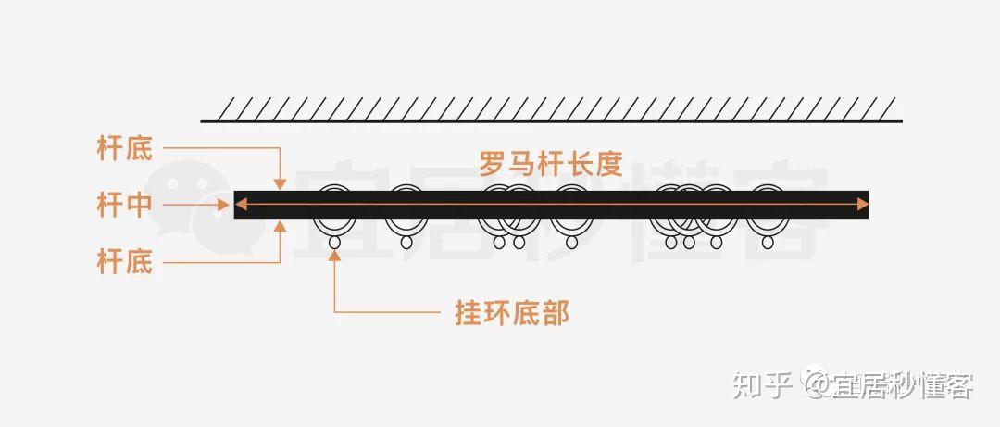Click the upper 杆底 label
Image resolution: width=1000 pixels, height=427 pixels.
coord(125,149)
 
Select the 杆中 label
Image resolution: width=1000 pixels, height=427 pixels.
coord(125,205)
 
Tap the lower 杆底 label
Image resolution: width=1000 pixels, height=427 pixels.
coord(125,262)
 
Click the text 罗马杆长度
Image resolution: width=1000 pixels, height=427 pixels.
coord(550,164)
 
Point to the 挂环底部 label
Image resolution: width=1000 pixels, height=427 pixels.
coord(512,313)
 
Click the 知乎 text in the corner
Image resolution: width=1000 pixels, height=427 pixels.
coord(763,385)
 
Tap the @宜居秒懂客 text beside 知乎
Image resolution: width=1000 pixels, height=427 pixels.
coord(889,385)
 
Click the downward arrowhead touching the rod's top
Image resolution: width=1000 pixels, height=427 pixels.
coord(281,184)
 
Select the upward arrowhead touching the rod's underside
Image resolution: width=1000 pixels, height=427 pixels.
coord(281,225)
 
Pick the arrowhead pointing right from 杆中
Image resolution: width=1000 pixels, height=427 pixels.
coord(223,205)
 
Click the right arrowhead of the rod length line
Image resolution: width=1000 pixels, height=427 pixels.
coord(862,205)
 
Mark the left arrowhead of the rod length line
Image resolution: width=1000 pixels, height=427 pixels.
coord(241,205)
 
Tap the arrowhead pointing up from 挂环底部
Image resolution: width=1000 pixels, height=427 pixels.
coord(334,257)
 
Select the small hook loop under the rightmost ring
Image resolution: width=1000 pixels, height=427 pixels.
coord(768,243)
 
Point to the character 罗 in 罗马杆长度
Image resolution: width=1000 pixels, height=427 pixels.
coord(493,164)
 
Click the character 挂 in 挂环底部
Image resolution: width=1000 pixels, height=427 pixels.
coord(469,313)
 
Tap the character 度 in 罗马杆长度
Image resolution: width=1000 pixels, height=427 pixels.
coord(609,164)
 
